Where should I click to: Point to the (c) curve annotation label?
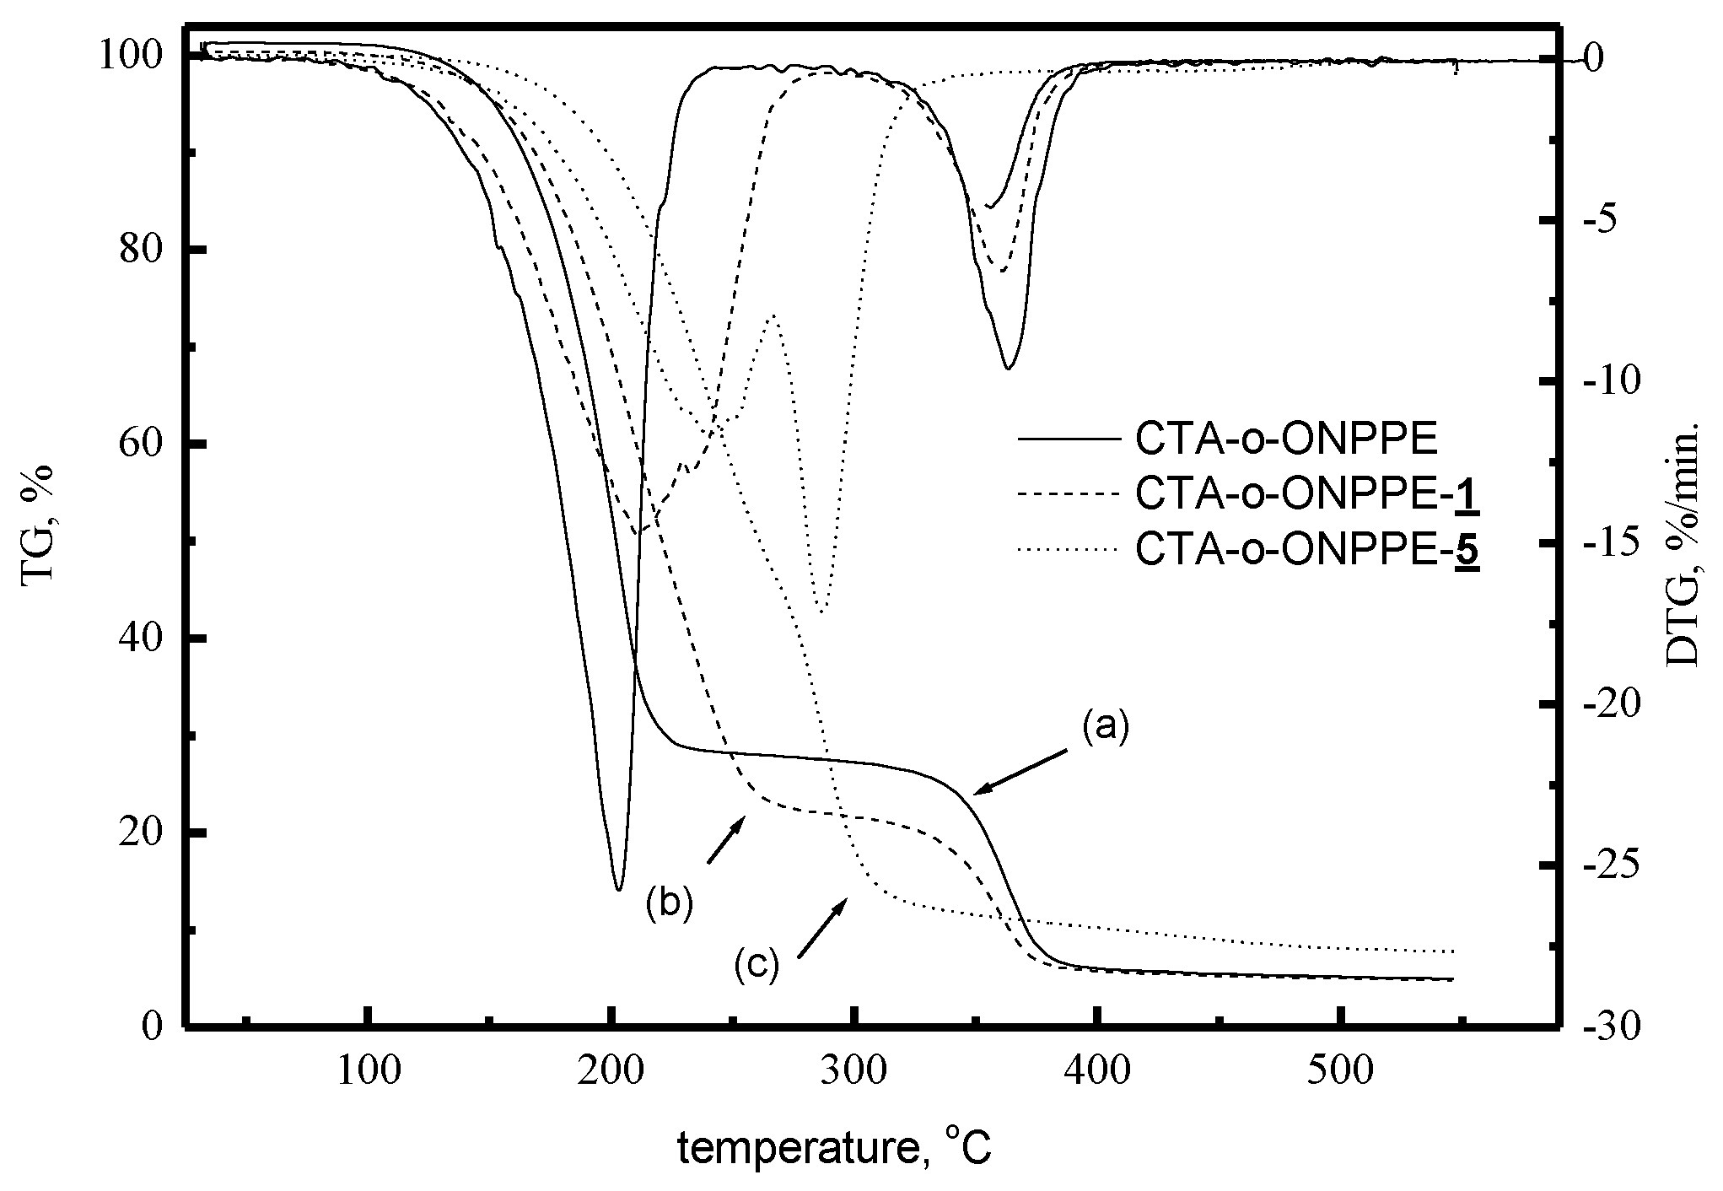[x=756, y=963]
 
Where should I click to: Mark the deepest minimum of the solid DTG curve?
[x=618, y=889]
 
